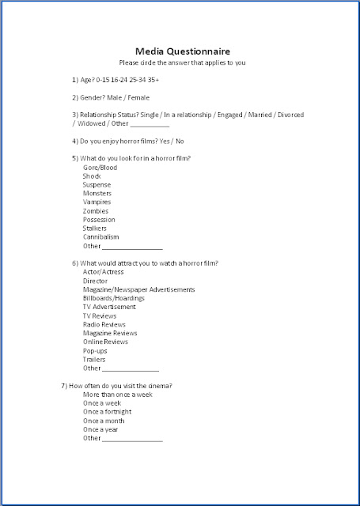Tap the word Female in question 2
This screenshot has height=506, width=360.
(x=138, y=97)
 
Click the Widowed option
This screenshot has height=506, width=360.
(x=89, y=124)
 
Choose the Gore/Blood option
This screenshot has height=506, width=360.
(x=100, y=168)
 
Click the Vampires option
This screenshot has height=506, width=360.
(x=97, y=202)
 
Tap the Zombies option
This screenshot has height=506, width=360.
(x=96, y=211)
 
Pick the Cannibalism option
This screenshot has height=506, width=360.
(x=101, y=237)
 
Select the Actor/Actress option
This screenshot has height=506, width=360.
(x=104, y=272)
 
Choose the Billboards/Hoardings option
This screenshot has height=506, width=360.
(x=114, y=298)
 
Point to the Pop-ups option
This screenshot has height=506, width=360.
(x=95, y=350)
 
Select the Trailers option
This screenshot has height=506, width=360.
(x=94, y=359)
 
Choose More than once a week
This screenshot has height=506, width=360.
(x=118, y=394)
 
